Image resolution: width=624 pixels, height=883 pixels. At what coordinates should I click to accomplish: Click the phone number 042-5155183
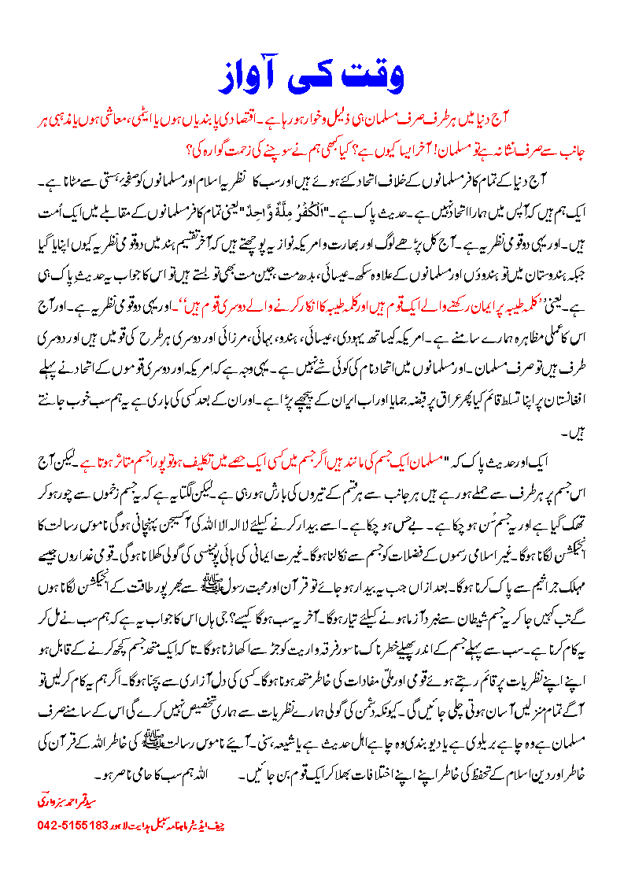74,826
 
